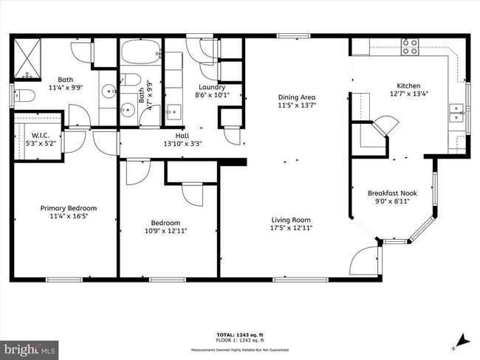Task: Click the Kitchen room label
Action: [408, 84]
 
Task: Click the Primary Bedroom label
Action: [68, 208]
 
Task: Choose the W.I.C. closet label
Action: [39, 135]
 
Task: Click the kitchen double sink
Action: [456, 113]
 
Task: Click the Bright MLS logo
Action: [29, 347]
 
